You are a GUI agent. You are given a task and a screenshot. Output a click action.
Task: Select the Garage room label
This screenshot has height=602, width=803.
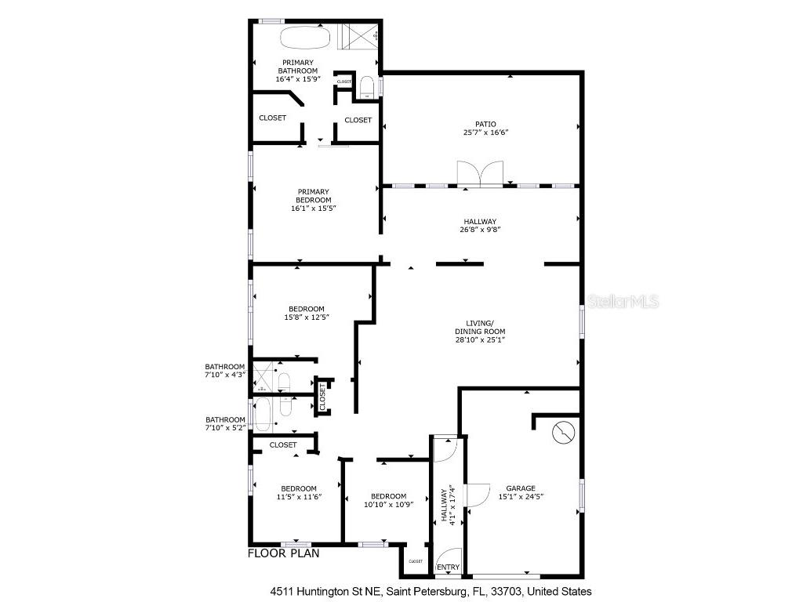click(x=521, y=488)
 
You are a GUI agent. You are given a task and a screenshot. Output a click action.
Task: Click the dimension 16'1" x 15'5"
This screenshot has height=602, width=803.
click(x=312, y=209)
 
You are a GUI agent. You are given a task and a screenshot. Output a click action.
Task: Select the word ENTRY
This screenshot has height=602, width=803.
click(x=448, y=568)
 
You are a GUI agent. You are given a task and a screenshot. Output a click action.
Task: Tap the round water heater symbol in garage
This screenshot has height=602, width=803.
click(x=564, y=433)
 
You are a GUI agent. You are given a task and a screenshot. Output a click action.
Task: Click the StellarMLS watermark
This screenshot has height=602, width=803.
click(x=623, y=301)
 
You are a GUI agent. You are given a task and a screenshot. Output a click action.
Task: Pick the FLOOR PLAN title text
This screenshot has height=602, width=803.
click(x=283, y=553)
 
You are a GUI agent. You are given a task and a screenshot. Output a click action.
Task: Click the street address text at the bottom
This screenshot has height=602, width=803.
click(x=431, y=592)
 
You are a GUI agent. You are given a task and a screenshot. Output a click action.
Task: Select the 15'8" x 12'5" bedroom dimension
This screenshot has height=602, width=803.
click(x=306, y=317)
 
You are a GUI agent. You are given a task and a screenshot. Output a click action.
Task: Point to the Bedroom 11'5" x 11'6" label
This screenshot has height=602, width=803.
click(x=299, y=492)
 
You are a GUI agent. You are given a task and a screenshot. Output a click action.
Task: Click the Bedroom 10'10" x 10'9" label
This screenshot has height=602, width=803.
click(x=388, y=500)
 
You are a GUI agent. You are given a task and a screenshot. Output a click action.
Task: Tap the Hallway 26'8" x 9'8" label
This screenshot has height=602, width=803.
click(x=479, y=226)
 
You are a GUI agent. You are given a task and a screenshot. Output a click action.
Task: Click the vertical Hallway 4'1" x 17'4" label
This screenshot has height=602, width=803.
click(x=448, y=504)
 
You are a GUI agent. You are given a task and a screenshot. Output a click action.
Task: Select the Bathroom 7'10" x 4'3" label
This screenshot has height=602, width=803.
click(x=225, y=370)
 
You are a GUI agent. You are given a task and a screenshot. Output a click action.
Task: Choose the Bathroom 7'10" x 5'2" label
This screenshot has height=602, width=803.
click(x=225, y=423)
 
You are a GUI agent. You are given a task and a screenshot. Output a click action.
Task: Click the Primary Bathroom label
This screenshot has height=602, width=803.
click(x=298, y=67)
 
